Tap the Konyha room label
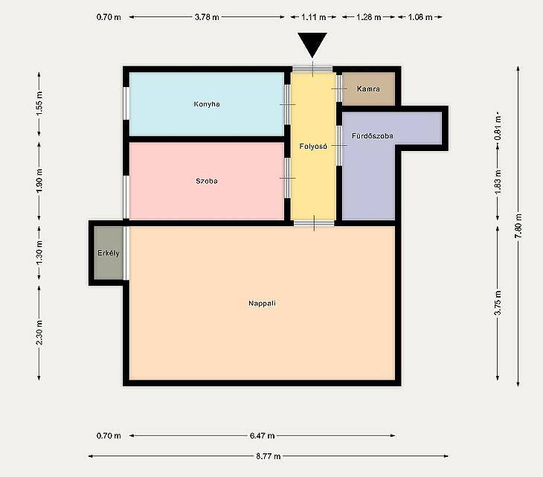[x=207, y=104]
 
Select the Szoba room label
[x=207, y=181]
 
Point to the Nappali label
[x=262, y=303]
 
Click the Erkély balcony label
[x=109, y=253]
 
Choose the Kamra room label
[x=368, y=89]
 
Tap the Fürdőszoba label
[x=373, y=135]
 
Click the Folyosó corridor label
[x=313, y=146]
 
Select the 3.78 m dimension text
[x=207, y=16]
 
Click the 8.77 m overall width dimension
[x=269, y=456]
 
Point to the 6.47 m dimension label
[x=262, y=435]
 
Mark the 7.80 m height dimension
[x=518, y=226]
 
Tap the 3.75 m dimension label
[x=498, y=302]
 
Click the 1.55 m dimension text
[x=39, y=103]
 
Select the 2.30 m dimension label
[x=39, y=333]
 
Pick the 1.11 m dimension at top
[x=314, y=16]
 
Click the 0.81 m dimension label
[x=498, y=127]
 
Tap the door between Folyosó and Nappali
[x=314, y=223]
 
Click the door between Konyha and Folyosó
[x=287, y=104]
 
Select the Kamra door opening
[x=339, y=89]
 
